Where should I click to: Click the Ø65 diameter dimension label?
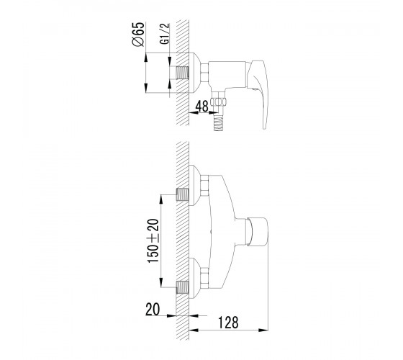click(138, 35)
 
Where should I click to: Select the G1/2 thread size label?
click(165, 34)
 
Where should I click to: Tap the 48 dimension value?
click(201, 107)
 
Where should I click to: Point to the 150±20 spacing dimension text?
click(153, 240)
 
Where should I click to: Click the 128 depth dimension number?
click(228, 323)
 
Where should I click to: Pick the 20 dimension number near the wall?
click(153, 309)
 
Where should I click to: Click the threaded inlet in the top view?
click(183, 73)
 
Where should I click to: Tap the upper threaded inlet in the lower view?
click(183, 194)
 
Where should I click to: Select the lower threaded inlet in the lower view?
click(183, 287)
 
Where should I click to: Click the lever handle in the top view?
click(259, 90)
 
